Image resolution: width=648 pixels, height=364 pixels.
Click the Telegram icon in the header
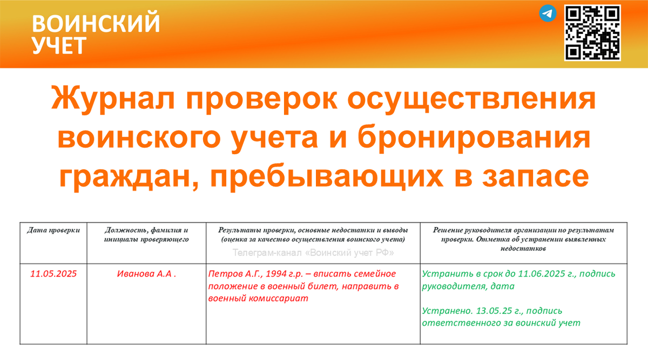tap(548, 13)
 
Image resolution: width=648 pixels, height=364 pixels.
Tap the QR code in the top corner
tap(592, 33)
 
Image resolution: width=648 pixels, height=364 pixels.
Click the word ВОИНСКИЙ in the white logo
tap(96, 24)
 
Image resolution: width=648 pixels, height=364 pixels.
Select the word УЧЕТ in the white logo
tap(58, 46)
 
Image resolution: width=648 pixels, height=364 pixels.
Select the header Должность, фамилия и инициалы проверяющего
tap(146, 235)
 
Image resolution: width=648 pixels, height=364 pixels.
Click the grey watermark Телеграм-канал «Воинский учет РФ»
tap(313, 252)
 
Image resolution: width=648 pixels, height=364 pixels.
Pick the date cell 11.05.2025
tap(53, 273)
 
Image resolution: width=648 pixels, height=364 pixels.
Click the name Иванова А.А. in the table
tap(146, 273)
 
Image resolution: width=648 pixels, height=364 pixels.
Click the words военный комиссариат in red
tap(258, 298)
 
